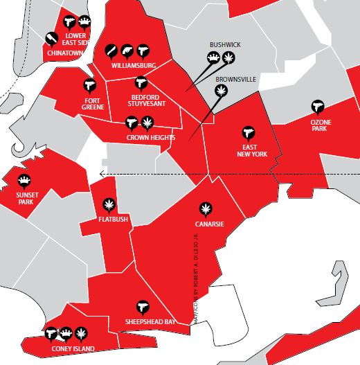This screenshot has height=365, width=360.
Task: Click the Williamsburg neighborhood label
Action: [x=134, y=66]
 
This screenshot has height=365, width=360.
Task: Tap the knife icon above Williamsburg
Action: [x=111, y=50]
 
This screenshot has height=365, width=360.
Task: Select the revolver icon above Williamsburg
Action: [x=127, y=50]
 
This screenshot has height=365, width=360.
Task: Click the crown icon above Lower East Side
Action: [x=85, y=21]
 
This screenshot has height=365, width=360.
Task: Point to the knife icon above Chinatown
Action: [x=51, y=37]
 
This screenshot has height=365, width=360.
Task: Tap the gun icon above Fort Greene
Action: [x=89, y=84]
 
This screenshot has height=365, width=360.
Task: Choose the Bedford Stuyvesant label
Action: [x=147, y=101]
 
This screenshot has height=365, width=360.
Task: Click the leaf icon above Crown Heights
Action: [x=147, y=123]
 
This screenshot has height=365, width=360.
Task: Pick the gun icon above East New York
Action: [x=249, y=132]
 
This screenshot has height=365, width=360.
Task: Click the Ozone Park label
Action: [x=320, y=125]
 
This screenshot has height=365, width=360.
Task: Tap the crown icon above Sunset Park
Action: [x=24, y=181]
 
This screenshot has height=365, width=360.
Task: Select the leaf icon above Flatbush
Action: [x=108, y=204]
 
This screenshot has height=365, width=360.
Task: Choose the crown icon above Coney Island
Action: [x=66, y=334]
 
